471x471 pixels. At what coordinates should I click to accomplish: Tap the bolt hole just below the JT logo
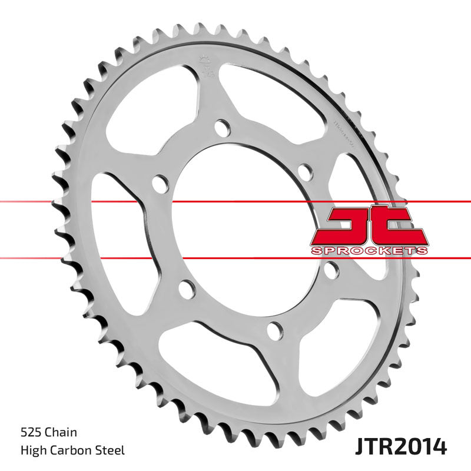331,271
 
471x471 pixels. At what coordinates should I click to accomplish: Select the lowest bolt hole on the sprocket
274,331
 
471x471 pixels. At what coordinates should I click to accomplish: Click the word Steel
111,451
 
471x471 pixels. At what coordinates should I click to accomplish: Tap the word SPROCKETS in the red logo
368,251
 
